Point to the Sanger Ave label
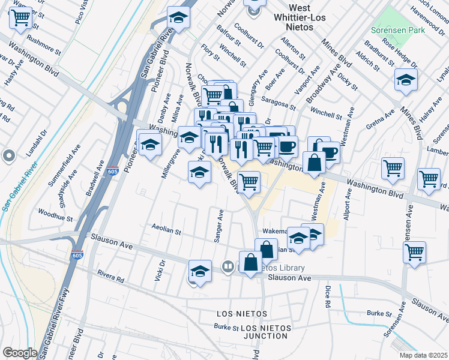click(x=220, y=226)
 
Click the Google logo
click(x=20, y=353)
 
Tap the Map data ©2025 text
click(x=423, y=355)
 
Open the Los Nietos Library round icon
click(x=228, y=266)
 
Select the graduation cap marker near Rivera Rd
click(x=200, y=271)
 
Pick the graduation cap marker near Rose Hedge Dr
click(x=406, y=80)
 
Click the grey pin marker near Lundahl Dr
click(x=9, y=157)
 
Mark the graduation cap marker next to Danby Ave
click(x=149, y=143)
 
